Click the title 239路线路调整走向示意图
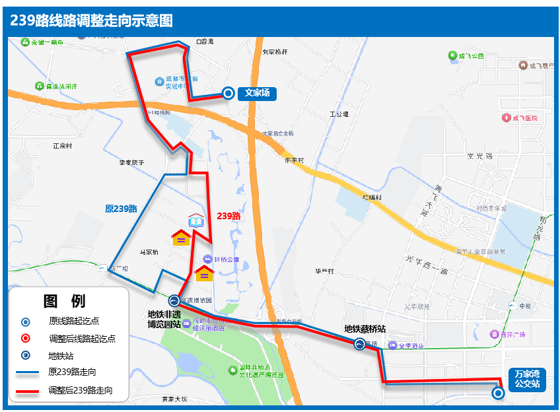point(91,20)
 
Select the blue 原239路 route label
point(121,209)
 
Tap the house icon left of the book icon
point(181,237)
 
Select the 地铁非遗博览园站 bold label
point(164,319)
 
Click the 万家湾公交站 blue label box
point(527,378)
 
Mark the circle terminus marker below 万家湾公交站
point(499,393)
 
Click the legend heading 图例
point(64,302)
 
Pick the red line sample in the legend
point(26,391)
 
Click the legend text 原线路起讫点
point(74,322)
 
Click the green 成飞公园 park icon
point(452,56)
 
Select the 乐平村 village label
point(293,160)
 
